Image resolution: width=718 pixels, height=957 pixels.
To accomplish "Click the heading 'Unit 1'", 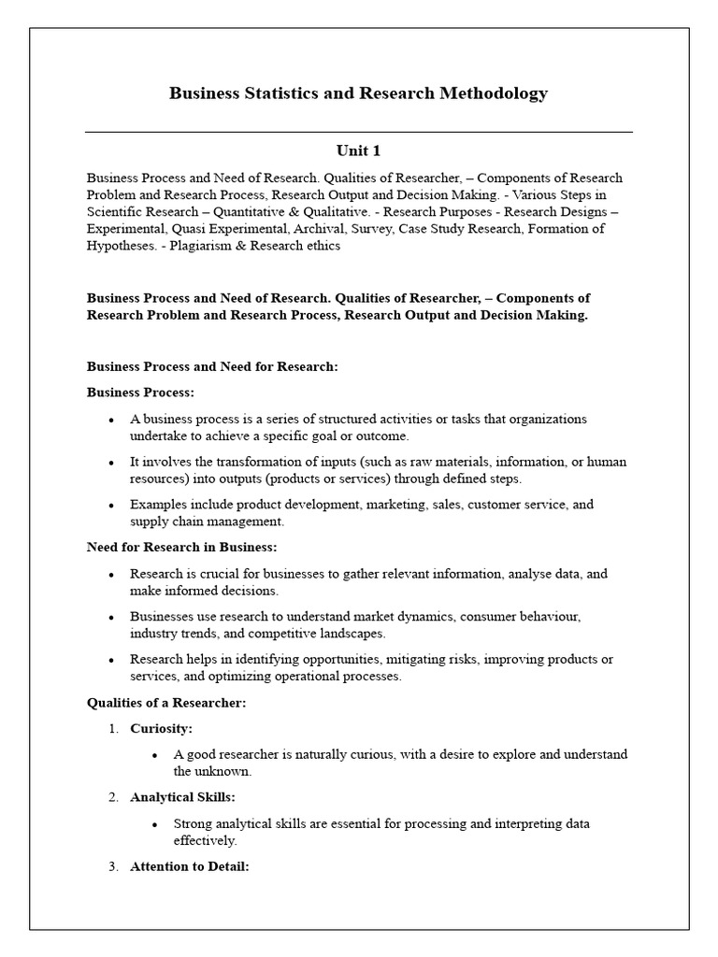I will click(358, 150).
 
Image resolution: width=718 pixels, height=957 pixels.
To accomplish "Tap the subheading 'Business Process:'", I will click(140, 393).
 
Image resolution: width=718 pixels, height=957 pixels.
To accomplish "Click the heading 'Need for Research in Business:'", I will click(181, 547).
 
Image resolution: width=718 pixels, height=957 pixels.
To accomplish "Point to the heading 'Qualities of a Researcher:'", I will click(166, 702).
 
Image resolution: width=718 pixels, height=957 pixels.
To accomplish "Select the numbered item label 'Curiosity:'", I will click(161, 728).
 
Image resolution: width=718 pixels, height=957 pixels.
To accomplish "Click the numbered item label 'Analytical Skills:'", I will click(182, 797).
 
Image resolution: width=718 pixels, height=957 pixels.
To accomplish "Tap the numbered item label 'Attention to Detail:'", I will click(189, 866).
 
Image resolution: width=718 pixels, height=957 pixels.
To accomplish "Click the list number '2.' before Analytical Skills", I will click(113, 797).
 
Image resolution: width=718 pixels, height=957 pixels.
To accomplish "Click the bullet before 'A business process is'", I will click(111, 420).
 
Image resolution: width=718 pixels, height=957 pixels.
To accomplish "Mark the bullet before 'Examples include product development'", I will click(111, 506).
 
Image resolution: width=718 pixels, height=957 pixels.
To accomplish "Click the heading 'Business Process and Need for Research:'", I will click(212, 366).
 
